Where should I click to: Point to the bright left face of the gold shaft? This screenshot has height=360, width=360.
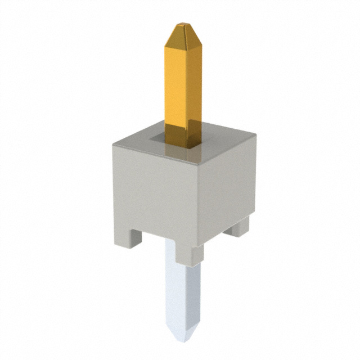coord(175,84)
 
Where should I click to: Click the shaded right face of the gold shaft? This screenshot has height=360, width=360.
coord(193,84)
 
